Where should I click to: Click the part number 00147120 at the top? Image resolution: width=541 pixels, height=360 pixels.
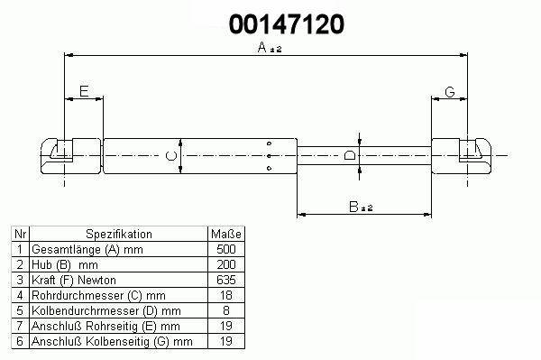point(287,24)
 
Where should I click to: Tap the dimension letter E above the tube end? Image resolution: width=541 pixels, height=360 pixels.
point(84,91)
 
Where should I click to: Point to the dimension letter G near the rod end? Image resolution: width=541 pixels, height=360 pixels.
point(450,92)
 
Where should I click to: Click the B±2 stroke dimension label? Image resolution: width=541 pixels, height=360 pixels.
point(361,207)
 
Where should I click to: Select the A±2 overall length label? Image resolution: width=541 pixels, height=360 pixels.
point(270,47)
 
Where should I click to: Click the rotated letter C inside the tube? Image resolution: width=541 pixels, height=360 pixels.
point(170,156)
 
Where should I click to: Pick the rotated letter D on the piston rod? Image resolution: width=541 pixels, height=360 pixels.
point(350,155)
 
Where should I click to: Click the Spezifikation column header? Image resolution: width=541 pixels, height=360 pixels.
point(119,234)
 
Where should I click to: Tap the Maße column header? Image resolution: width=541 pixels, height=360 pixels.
point(226,234)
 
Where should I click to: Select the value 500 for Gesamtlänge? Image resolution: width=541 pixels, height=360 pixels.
point(226,249)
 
